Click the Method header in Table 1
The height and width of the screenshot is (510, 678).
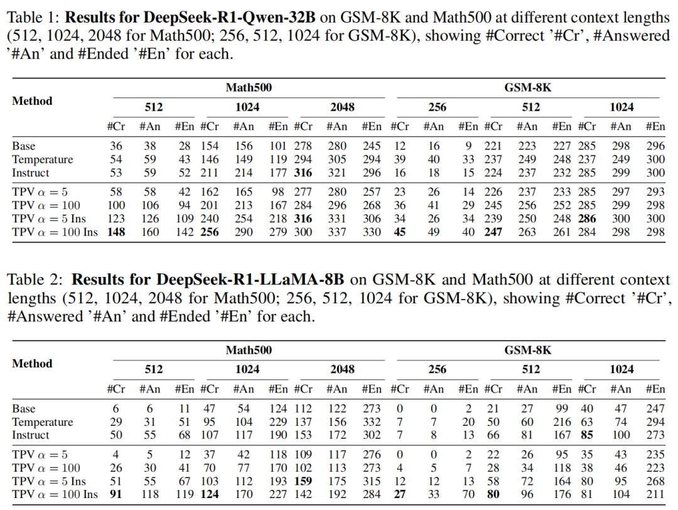[32, 100]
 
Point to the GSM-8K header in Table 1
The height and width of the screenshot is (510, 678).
[527, 88]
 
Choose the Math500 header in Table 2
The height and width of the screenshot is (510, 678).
[249, 350]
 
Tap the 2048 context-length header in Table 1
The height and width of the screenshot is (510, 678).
[343, 107]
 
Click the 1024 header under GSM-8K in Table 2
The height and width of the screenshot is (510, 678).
[621, 369]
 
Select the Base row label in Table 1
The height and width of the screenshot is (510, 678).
[24, 146]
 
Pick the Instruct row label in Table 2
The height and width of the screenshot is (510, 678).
[31, 435]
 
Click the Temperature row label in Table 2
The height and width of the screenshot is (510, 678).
[43, 422]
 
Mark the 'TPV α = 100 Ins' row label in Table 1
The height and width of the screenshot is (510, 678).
[55, 232]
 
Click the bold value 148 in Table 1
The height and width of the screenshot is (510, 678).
[116, 232]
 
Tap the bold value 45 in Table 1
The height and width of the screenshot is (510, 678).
[399, 232]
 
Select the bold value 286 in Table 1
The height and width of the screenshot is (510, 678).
[587, 219]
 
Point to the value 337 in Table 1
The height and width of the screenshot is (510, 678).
[337, 232]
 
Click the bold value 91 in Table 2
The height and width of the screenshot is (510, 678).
[116, 494]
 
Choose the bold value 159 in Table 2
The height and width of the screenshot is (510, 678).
[303, 481]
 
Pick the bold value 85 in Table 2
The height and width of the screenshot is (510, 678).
[587, 435]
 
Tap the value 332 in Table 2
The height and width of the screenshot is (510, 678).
[372, 422]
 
